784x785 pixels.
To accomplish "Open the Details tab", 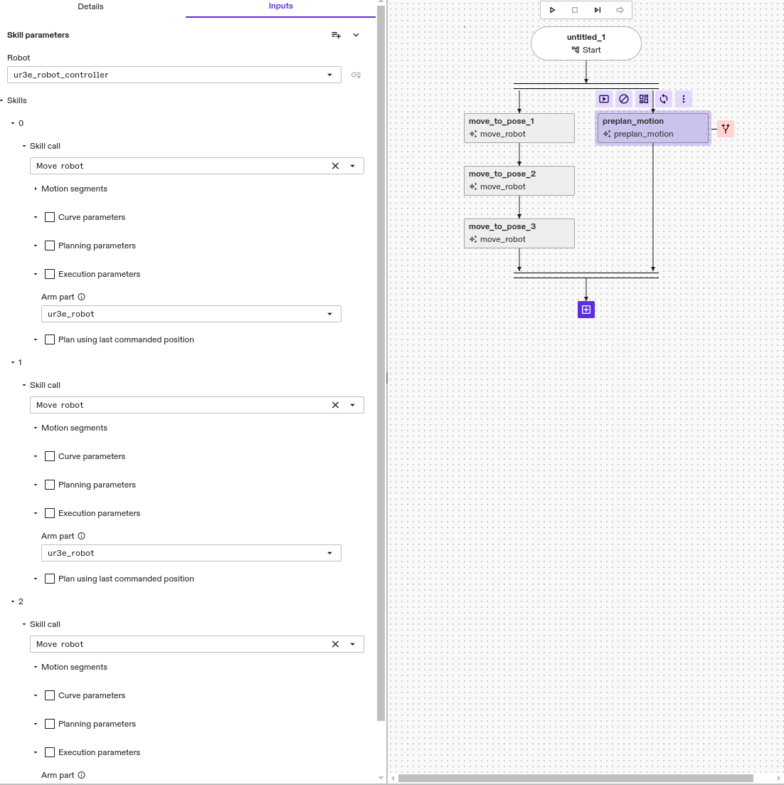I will [x=90, y=6].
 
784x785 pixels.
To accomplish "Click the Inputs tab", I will [x=280, y=6].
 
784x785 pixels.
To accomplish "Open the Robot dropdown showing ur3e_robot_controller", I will [x=174, y=75].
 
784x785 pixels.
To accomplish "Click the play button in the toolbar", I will [x=552, y=10].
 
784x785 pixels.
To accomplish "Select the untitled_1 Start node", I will [x=586, y=43].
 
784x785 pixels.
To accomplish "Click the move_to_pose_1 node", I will [x=519, y=127].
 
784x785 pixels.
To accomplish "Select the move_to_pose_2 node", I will [x=519, y=180].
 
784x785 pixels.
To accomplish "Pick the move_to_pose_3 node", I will [x=519, y=233].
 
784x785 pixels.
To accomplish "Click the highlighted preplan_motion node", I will [x=652, y=128].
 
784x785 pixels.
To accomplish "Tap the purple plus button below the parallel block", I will [x=586, y=310].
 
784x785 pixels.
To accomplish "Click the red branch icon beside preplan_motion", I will [x=725, y=129].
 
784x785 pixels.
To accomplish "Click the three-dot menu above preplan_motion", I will [x=684, y=99].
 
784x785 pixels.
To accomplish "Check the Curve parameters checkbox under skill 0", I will [x=50, y=217].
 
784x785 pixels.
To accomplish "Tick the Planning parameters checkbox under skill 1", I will [x=50, y=485].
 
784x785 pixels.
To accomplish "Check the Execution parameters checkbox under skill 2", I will [x=50, y=752].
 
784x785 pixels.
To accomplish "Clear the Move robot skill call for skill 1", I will [x=335, y=405].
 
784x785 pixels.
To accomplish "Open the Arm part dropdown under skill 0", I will [x=191, y=314].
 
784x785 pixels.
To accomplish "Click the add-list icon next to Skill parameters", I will [x=336, y=35].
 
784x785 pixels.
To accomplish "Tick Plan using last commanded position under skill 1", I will [x=50, y=579].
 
